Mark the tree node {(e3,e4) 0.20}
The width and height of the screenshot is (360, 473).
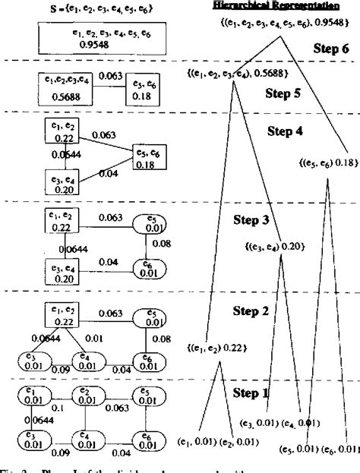coord(273,246)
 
